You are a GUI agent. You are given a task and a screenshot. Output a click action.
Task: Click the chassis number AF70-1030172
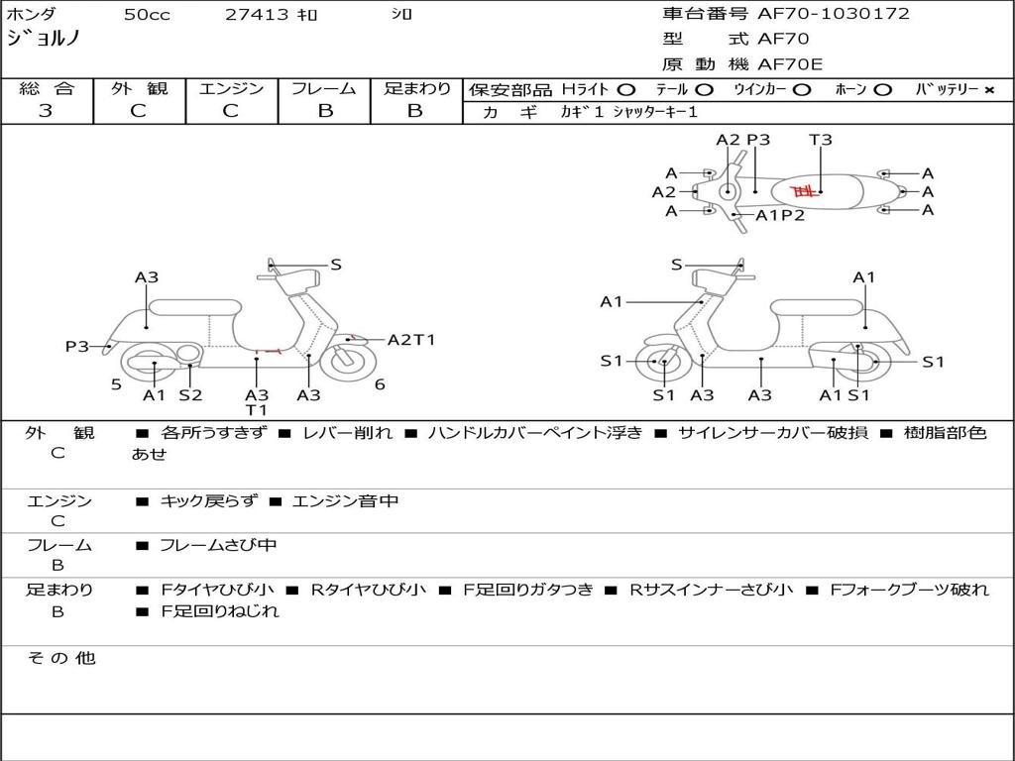click(x=834, y=14)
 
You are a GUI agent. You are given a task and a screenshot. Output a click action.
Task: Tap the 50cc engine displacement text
click(x=147, y=14)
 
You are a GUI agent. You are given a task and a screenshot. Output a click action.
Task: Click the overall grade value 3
click(x=46, y=111)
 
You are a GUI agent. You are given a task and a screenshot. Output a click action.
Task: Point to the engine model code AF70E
click(x=790, y=64)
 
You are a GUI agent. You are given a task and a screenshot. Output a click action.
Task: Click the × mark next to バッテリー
click(x=989, y=90)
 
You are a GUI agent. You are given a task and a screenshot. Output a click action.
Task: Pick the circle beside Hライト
click(x=626, y=90)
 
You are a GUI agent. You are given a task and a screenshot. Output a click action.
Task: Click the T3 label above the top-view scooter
click(x=820, y=140)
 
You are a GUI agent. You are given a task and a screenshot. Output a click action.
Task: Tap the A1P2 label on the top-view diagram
click(x=781, y=215)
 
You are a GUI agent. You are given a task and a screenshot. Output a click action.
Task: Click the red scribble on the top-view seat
click(x=805, y=190)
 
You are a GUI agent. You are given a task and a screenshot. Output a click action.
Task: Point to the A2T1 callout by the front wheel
click(x=411, y=340)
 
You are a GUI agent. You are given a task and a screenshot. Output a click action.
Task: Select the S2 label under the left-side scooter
click(x=191, y=394)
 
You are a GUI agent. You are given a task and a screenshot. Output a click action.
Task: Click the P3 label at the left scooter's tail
click(x=77, y=347)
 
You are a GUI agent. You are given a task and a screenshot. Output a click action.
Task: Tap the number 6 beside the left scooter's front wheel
click(x=380, y=384)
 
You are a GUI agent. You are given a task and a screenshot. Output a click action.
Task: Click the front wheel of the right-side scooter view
click(x=661, y=362)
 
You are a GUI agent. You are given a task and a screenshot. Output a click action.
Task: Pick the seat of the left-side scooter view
click(x=195, y=307)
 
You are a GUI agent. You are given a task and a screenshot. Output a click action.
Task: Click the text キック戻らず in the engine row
click(x=208, y=500)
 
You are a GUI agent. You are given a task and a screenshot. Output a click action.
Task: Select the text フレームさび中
click(x=218, y=546)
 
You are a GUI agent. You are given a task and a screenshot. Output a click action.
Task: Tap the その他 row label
click(x=61, y=658)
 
